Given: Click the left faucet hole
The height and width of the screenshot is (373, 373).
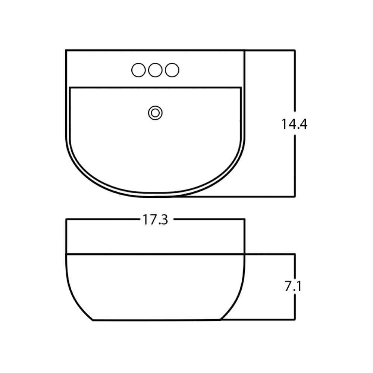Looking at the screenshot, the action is pyautogui.click(x=138, y=70).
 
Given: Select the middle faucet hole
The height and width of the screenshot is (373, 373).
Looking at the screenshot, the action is pyautogui.click(x=155, y=70).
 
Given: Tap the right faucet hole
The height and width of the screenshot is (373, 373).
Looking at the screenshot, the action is pyautogui.click(x=172, y=70).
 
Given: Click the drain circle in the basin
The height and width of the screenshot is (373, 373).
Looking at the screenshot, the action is pyautogui.click(x=155, y=113).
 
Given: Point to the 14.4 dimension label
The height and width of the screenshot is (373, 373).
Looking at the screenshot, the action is pyautogui.click(x=294, y=124).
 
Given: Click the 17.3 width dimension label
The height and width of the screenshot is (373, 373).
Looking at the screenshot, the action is pyautogui.click(x=155, y=220).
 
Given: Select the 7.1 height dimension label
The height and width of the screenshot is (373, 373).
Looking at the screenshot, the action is pyautogui.click(x=293, y=286).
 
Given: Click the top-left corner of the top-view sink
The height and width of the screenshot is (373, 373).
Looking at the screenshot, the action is pyautogui.click(x=66, y=50).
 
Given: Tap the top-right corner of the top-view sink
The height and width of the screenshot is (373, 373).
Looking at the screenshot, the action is pyautogui.click(x=245, y=50).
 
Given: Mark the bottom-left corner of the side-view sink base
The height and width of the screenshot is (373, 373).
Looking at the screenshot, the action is pyautogui.click(x=93, y=320).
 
